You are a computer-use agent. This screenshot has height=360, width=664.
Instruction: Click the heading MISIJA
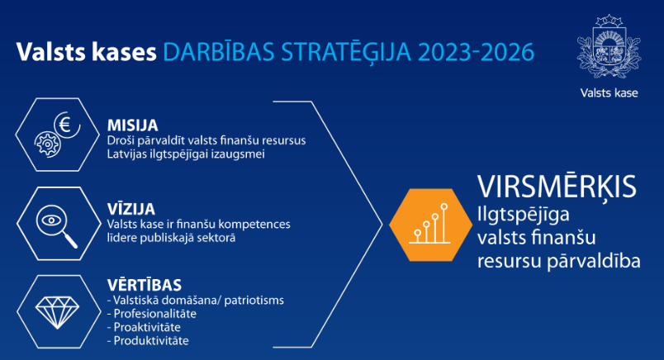point(132,126)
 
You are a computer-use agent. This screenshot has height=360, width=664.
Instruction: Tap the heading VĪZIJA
point(131,208)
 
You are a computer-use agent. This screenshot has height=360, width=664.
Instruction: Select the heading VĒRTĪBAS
point(145,284)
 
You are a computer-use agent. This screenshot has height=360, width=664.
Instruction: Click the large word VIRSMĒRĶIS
point(557,187)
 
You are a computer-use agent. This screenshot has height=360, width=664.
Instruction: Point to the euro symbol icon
point(67,125)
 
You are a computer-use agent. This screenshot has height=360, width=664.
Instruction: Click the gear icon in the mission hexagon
point(47,144)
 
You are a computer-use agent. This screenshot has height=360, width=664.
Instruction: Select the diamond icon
point(57,313)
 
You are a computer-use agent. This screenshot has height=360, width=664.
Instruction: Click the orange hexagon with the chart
point(430,225)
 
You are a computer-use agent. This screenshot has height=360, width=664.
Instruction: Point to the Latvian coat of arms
point(609,46)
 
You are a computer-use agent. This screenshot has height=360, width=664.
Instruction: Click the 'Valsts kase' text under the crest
point(609,93)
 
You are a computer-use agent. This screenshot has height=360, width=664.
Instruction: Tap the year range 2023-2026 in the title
point(477,52)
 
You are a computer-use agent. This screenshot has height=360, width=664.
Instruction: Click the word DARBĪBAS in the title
point(219,52)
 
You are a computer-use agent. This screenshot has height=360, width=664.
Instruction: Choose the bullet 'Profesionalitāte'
point(155,314)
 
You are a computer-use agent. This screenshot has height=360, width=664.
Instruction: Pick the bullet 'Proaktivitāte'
point(147,328)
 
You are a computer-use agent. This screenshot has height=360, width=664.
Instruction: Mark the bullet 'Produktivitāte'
point(151,341)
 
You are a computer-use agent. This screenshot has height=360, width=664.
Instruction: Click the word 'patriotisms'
point(254,301)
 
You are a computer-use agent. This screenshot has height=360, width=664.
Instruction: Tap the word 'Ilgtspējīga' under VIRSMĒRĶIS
point(524,216)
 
